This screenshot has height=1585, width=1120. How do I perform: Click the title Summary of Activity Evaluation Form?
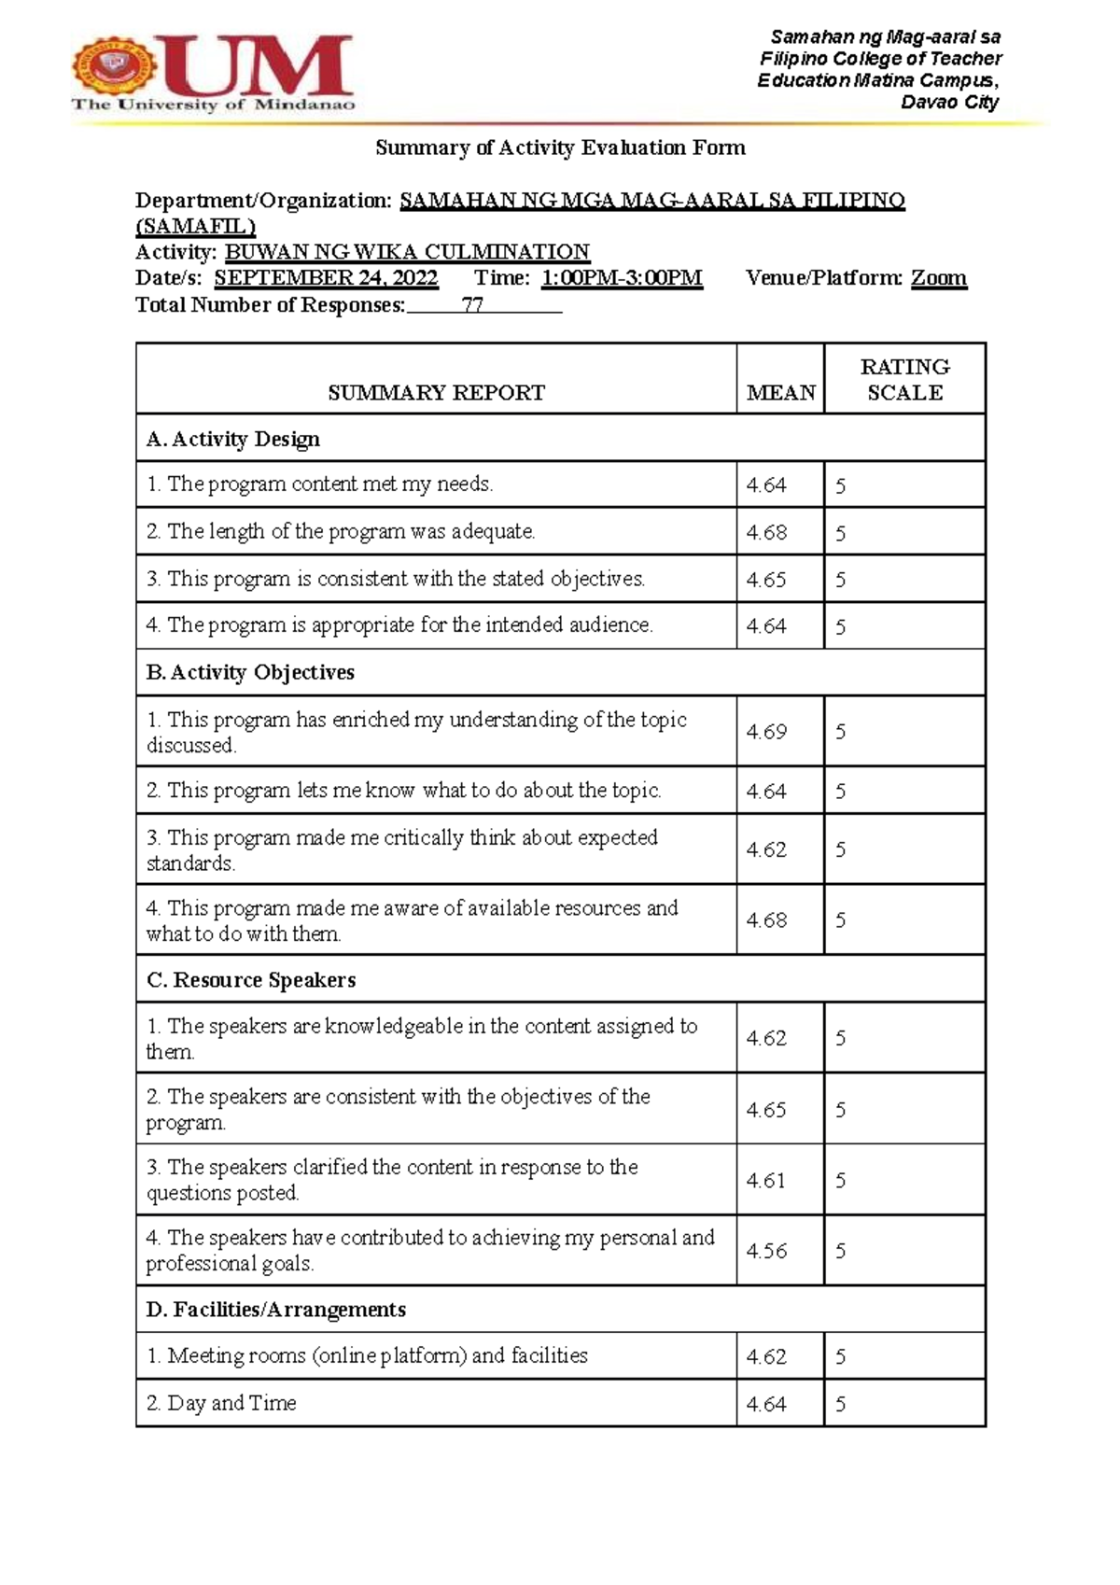tap(560, 147)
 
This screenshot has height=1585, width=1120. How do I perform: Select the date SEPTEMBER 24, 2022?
tap(326, 278)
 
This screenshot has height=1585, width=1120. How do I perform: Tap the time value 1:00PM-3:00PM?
tap(622, 278)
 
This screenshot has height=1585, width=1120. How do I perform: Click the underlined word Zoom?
tap(938, 278)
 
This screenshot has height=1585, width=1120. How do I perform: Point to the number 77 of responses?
tap(472, 305)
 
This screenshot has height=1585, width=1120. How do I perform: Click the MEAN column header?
tap(780, 393)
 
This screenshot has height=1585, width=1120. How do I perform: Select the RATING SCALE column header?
tap(904, 379)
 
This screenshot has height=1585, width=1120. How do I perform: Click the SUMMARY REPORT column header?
tap(436, 393)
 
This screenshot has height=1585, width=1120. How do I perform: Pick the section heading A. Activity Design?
tap(233, 439)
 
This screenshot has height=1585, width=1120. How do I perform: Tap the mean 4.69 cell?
tap(766, 732)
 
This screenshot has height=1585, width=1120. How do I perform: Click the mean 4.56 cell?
tap(766, 1251)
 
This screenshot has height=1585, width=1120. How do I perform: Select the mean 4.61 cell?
tap(766, 1181)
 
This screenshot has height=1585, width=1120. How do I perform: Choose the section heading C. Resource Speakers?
tap(251, 980)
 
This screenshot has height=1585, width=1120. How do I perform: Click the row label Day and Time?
tap(231, 1403)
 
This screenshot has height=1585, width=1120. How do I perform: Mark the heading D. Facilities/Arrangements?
tap(276, 1310)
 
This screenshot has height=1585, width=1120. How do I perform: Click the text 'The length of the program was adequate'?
tap(351, 532)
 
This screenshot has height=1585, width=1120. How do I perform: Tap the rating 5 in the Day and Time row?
tap(841, 1404)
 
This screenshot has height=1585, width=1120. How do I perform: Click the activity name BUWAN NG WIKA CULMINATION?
tap(408, 252)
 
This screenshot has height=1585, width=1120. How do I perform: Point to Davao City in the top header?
tap(949, 103)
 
